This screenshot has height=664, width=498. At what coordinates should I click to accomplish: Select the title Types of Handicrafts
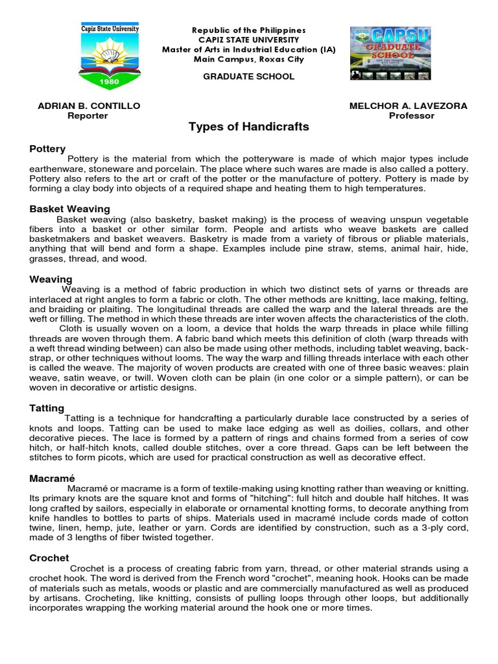pos(248,127)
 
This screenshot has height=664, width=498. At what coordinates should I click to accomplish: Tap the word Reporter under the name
pos(88,115)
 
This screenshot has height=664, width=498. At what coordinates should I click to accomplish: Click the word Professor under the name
pos(411,115)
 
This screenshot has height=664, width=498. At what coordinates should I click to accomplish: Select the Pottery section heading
pos(47,149)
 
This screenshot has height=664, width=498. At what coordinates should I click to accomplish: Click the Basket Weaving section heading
pos(69,209)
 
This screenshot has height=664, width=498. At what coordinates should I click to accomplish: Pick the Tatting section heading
pos(47,408)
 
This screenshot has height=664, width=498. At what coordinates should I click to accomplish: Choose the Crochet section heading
pos(49,558)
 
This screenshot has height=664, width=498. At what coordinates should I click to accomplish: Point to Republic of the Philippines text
pos(249,30)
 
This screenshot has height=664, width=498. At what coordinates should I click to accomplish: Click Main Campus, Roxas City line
pos(249,59)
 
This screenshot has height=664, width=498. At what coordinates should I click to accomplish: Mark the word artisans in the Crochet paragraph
pos(60,599)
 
